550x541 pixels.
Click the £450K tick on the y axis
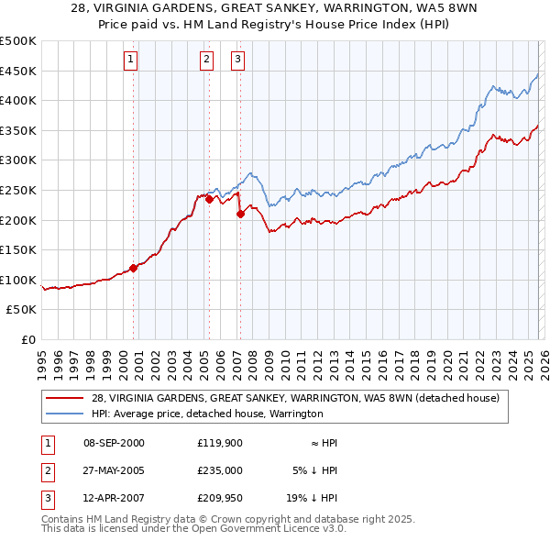[x=18, y=71]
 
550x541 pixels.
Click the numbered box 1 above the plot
[x=131, y=61]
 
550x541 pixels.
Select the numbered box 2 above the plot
[x=206, y=61]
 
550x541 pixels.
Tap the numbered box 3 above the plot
[x=237, y=61]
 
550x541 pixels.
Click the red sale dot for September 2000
[x=134, y=268]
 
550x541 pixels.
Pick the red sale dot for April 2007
[x=240, y=214]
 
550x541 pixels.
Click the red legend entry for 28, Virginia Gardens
[x=294, y=398]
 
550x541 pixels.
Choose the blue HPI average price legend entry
[x=206, y=414]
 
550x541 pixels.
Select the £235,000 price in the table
[x=219, y=469]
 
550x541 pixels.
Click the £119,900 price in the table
[x=219, y=443]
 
